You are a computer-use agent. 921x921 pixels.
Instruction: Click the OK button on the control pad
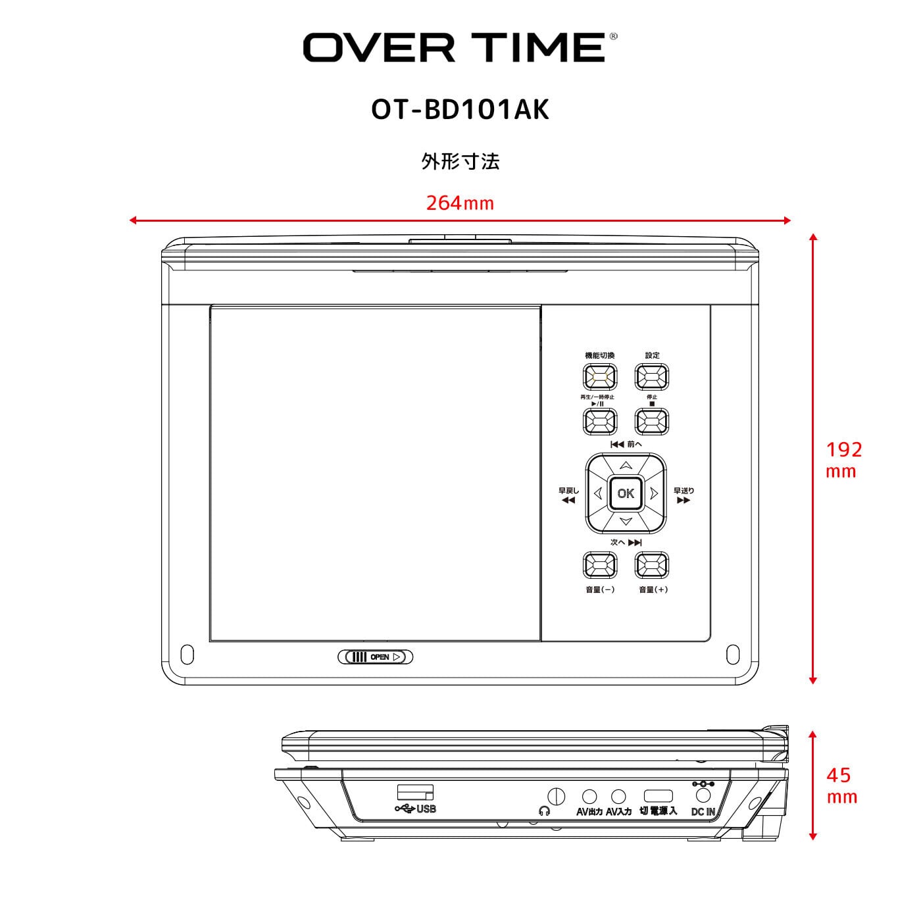tap(626, 493)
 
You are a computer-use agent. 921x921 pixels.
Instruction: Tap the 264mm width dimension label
tap(460, 203)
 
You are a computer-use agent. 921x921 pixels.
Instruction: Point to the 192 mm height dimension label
tap(843, 459)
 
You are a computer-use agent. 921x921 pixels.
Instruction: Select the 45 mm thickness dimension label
tap(841, 785)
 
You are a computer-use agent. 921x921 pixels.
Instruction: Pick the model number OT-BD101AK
tap(460, 111)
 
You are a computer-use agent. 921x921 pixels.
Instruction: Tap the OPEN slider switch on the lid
tap(375, 657)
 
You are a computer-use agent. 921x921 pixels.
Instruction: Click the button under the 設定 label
tap(651, 377)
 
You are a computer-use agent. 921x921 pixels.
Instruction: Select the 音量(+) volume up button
tap(651, 564)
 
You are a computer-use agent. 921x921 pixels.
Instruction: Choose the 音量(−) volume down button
tap(600, 564)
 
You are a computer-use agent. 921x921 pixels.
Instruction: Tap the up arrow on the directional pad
tap(626, 465)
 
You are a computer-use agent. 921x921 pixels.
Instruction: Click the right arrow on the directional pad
tap(654, 493)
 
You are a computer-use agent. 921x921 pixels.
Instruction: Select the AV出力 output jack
tap(590, 797)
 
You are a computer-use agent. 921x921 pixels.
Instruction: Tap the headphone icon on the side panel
tap(543, 811)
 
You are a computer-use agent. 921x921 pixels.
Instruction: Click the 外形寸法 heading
tap(460, 161)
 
